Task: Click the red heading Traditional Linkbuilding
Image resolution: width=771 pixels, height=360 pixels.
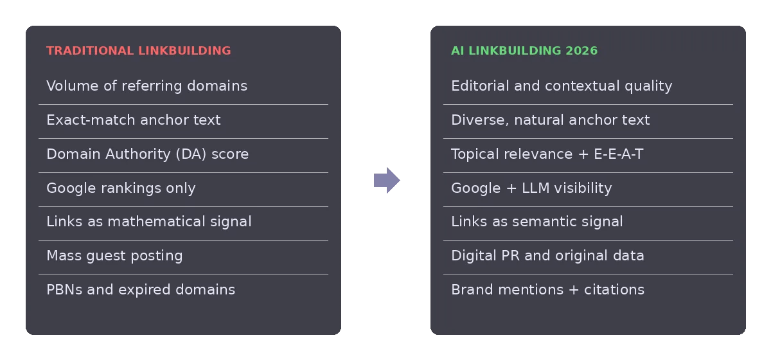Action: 139,51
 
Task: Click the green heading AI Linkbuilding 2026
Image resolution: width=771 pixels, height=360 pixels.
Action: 524,51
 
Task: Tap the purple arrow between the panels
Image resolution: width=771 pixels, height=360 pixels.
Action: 387,180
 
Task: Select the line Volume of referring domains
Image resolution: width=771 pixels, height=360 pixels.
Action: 147,85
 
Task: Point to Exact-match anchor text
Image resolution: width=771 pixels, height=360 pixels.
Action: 134,120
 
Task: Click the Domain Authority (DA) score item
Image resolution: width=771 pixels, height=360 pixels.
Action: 148,154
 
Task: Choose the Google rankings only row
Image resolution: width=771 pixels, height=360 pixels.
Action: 121,188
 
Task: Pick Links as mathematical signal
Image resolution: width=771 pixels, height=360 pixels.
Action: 149,222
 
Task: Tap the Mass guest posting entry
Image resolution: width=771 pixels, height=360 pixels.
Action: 114,256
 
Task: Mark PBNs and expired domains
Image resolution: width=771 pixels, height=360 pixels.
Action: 141,290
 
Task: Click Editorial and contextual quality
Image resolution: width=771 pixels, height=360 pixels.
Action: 562,85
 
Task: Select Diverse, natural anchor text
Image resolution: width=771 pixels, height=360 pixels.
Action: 551,120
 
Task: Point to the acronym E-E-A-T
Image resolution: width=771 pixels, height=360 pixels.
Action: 619,154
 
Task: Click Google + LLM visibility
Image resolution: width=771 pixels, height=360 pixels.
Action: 532,188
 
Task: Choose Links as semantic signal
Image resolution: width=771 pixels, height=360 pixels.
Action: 537,222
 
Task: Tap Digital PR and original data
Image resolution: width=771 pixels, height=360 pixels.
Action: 547,256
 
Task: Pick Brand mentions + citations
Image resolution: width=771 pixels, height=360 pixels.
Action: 548,290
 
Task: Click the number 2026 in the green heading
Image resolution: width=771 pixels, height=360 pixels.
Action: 581,51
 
